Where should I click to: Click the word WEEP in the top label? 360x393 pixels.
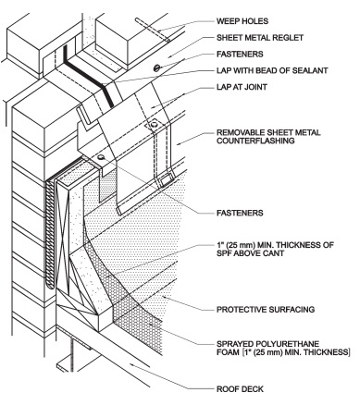tap(227, 18)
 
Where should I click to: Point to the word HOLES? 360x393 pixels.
tap(261, 18)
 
